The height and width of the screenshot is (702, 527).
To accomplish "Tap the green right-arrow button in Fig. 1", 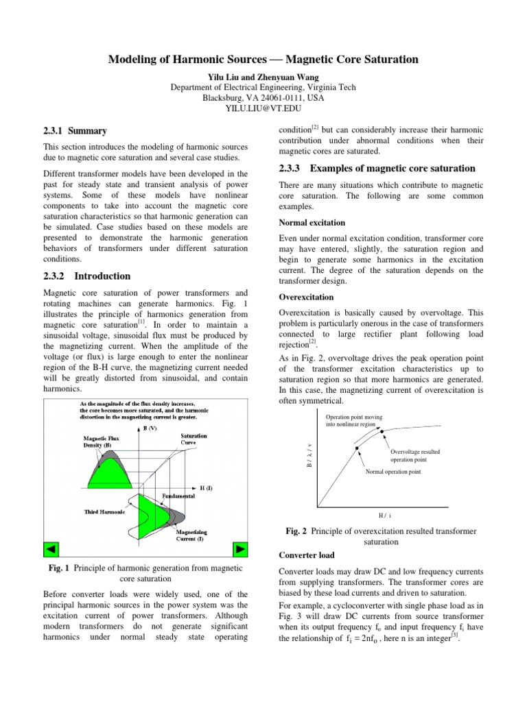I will pos(240,549).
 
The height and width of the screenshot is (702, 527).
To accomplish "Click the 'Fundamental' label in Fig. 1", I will pos(180,495).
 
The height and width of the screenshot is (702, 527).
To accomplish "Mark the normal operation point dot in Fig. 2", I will pos(357,449).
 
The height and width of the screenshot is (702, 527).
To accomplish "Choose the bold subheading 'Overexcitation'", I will pos(306,298).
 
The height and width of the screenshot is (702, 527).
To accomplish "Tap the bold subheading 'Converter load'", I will pos(307,555).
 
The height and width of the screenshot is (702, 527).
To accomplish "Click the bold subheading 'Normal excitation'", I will pos(312,223).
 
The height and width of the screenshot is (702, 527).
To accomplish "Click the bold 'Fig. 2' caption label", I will pos(299,532).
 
